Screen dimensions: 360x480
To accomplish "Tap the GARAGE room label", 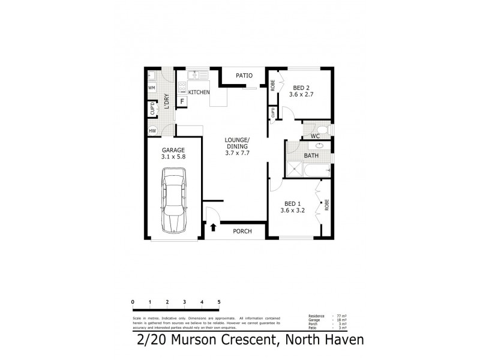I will coord(173,150).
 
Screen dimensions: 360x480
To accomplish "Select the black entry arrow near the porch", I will coord(213,227).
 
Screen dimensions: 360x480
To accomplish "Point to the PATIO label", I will coord(244,76).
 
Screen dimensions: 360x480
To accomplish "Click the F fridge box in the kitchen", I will coord(182,101).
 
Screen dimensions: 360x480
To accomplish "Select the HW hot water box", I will coord(152,130).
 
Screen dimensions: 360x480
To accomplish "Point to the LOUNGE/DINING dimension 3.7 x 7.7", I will coord(236,153).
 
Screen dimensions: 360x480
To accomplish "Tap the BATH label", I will coord(311,156).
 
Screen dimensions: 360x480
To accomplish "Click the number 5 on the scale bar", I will coord(219,302).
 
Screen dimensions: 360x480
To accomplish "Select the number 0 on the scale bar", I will coord(132,302).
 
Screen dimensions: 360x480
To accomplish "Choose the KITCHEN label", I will coord(199,92).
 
